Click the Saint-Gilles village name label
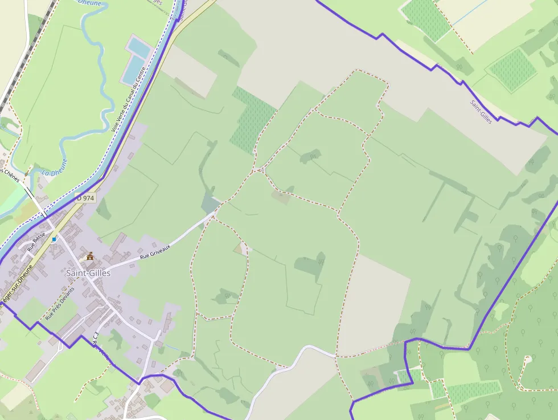[88, 273]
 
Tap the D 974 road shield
[85, 198]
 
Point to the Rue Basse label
[35, 242]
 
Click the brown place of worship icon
[89, 256]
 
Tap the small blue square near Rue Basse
[54, 239]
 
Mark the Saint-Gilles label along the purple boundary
[481, 112]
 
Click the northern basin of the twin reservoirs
[139, 46]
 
